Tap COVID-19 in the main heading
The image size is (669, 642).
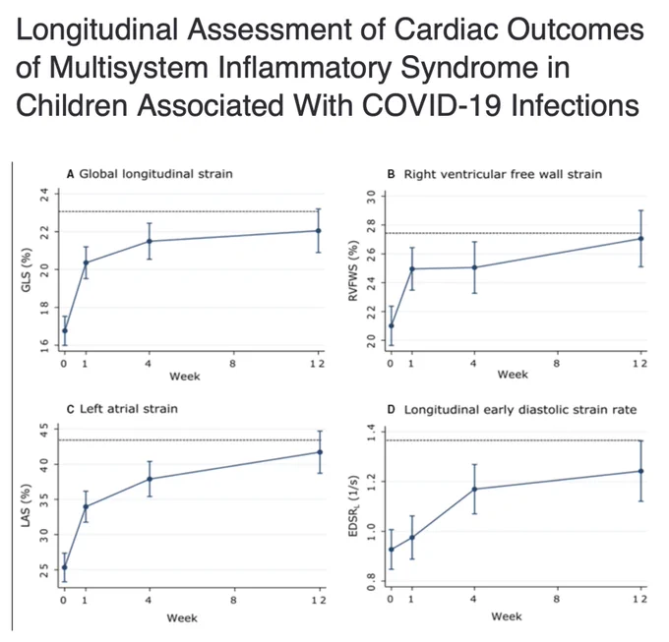pos(432,105)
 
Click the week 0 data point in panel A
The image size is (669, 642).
pos(65,330)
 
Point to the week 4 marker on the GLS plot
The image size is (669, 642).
pos(150,241)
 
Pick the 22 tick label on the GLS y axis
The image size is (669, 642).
pos(44,232)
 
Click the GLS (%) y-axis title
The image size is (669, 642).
pos(27,269)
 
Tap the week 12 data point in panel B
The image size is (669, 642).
pos(640,239)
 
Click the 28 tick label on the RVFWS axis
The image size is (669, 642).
pos(371,225)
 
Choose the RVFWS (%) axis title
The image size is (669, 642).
pos(353,271)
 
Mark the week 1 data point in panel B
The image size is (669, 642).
pos(412,269)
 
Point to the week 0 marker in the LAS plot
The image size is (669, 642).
pos(65,567)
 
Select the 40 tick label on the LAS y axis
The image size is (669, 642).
pos(44,464)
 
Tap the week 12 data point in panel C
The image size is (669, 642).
pos(320,452)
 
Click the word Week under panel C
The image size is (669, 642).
pos(182,618)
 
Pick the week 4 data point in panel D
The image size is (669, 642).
pos(474,490)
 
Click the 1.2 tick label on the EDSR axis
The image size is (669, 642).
pos(371,482)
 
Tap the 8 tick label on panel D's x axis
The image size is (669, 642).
pos(557,599)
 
